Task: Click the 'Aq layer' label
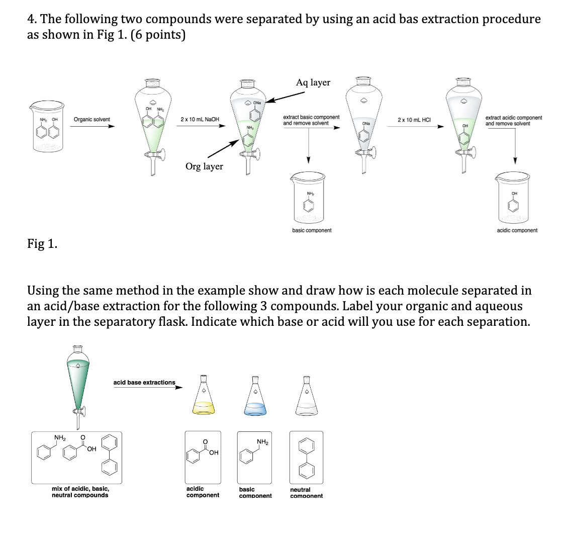click(313, 82)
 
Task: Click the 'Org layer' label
click(204, 166)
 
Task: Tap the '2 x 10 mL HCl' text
click(414, 120)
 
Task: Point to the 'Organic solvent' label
click(92, 120)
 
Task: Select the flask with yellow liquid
click(203, 397)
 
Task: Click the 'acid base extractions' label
click(144, 383)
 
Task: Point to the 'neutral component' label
click(306, 493)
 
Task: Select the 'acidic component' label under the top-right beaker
click(517, 230)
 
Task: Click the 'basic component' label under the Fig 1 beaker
click(312, 230)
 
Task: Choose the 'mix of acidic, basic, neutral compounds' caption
click(80, 492)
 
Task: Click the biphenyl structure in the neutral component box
click(306, 457)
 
